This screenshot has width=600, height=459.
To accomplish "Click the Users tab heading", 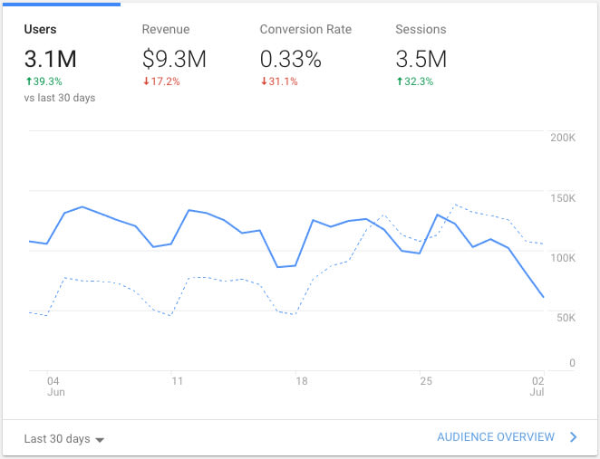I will click(41, 30).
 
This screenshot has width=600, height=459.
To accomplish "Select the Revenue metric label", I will click(166, 30).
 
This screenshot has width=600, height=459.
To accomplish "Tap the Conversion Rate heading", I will click(305, 30).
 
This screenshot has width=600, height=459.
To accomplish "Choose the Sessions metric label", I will click(421, 30).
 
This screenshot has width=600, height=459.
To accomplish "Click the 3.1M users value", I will click(51, 60).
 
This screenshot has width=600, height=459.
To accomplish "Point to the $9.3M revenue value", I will click(174, 60).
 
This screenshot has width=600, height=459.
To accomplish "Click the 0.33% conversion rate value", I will click(291, 60).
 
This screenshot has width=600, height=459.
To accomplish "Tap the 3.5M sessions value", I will click(421, 60).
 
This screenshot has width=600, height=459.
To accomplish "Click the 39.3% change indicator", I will click(46, 81).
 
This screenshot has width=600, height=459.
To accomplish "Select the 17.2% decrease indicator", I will click(161, 81).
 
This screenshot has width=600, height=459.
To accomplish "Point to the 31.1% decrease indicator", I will click(279, 81).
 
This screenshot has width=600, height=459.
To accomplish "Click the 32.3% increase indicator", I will click(415, 81).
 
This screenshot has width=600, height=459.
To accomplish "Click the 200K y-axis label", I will click(563, 138).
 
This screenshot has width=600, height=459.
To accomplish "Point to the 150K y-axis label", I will click(563, 198).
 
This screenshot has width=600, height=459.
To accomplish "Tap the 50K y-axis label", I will click(566, 318).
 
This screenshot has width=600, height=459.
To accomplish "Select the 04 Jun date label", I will click(54, 387).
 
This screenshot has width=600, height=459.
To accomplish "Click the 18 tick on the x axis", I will click(302, 381).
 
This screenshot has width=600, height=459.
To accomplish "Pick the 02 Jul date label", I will click(537, 387).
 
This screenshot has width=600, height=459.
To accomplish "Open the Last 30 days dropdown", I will click(64, 439).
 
